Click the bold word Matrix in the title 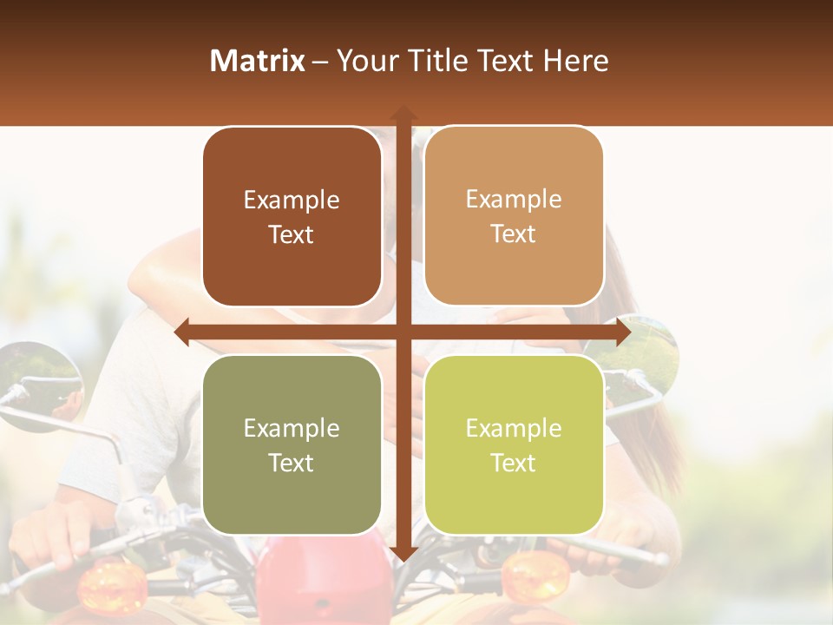[258, 61]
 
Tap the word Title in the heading [440, 61]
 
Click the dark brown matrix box [292, 216]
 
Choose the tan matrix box [514, 216]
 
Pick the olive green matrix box [292, 444]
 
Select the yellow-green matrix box [514, 444]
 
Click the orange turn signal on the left [111, 586]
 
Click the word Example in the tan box [514, 199]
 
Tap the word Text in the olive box [292, 463]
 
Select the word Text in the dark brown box [292, 234]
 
